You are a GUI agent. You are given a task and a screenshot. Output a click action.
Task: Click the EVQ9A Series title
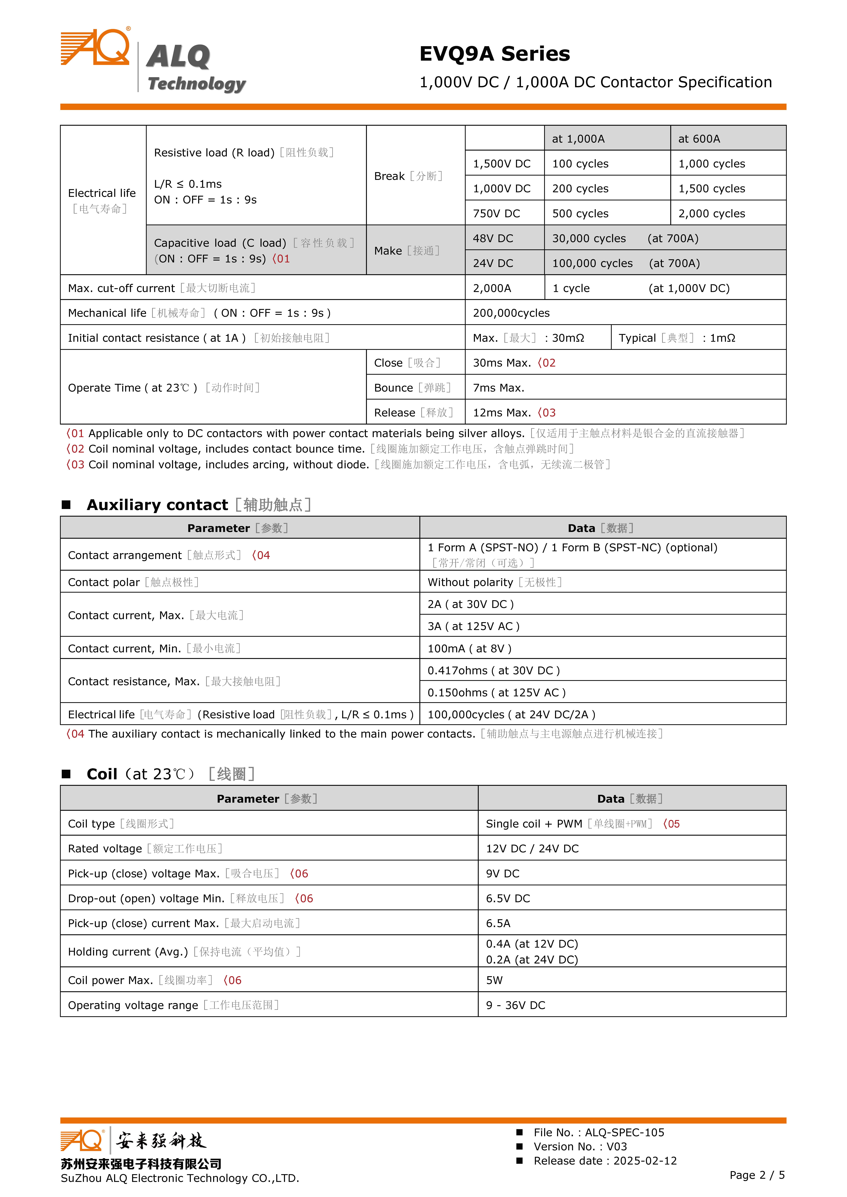(x=494, y=54)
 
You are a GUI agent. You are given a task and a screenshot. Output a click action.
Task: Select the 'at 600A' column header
(x=699, y=139)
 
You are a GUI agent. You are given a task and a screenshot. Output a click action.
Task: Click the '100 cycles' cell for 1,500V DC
(x=580, y=164)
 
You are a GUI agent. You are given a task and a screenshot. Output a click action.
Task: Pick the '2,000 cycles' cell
(x=711, y=213)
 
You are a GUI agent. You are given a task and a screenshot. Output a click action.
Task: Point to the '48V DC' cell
(x=493, y=238)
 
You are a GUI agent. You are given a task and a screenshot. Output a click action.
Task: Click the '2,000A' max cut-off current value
(x=492, y=288)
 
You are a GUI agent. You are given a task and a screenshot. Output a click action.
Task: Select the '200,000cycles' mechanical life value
(x=511, y=313)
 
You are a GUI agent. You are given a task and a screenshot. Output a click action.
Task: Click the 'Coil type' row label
(x=91, y=824)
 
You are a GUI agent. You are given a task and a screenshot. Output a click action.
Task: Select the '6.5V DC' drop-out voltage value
(x=508, y=899)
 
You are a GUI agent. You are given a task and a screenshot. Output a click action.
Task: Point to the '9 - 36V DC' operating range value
(x=515, y=1005)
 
